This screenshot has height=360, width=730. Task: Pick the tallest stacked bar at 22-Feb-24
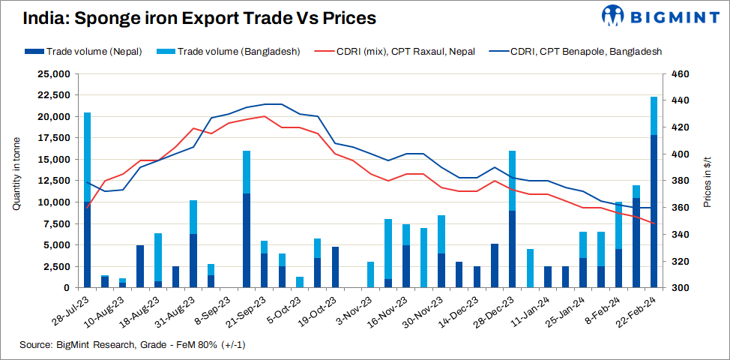click(654, 192)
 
